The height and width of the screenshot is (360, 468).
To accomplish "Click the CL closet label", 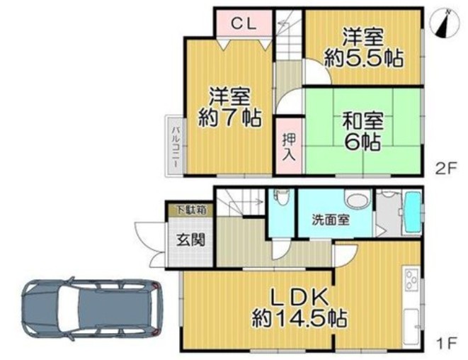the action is [x=244, y=23].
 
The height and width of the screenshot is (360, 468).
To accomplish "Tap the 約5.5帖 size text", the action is [x=364, y=59].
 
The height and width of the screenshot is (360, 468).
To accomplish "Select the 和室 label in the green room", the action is [x=363, y=120].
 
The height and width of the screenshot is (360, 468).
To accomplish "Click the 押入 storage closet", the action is [x=289, y=146].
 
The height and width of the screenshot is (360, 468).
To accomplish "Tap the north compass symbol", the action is [x=445, y=24].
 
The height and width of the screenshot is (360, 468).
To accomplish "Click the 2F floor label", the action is [x=446, y=169].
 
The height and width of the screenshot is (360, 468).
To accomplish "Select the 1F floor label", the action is [x=447, y=343].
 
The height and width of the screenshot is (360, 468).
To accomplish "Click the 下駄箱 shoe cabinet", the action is [x=191, y=210].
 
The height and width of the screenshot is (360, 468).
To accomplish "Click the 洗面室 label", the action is [x=331, y=220].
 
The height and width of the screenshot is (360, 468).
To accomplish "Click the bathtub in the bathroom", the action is [x=413, y=212].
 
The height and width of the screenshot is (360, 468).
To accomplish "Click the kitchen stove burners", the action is [x=411, y=279].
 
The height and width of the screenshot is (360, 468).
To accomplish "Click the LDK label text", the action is [x=300, y=298].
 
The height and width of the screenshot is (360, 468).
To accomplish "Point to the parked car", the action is [x=93, y=309].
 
